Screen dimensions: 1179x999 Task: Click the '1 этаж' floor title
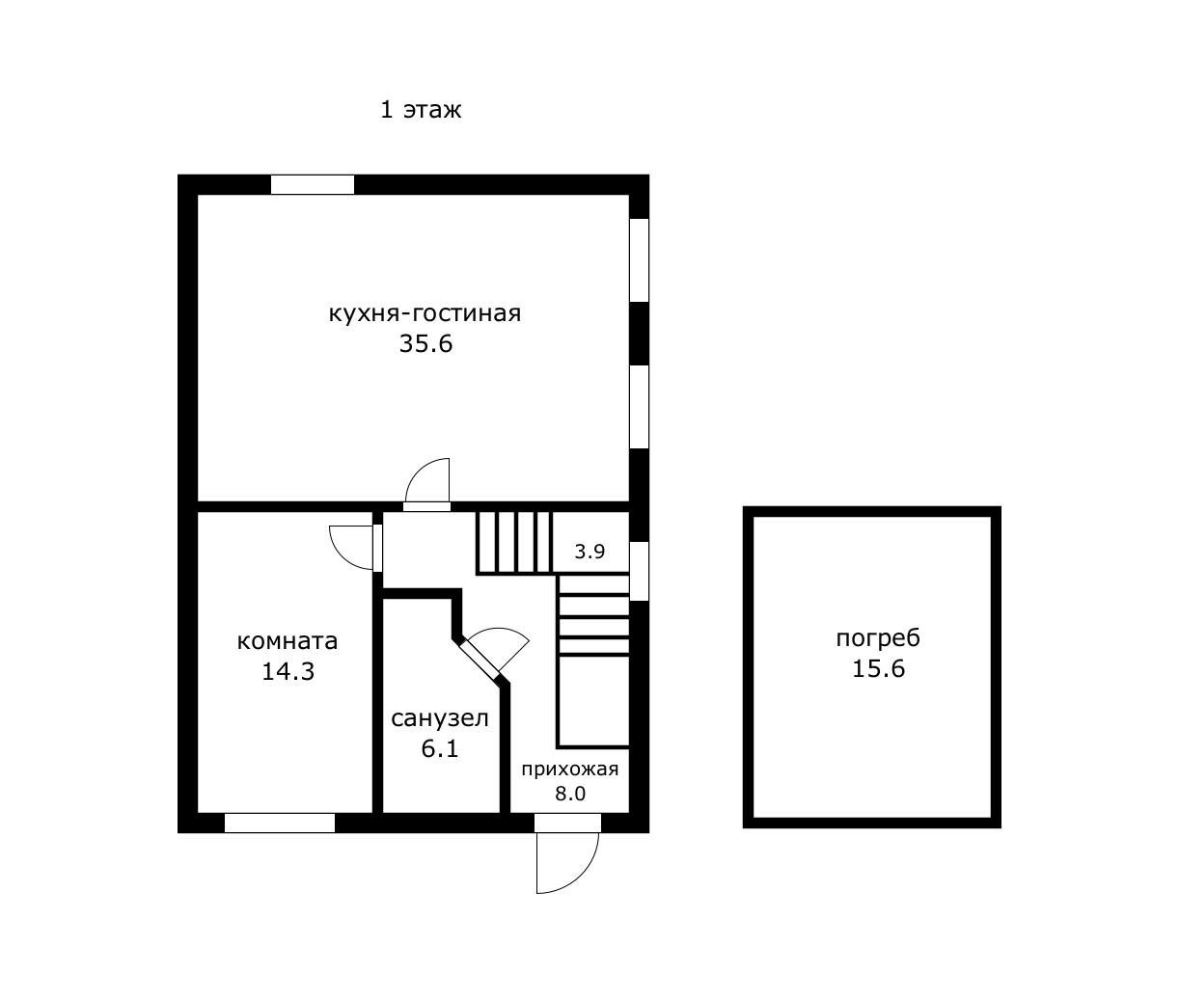click(x=421, y=110)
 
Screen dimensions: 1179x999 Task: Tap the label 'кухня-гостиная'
click(x=425, y=313)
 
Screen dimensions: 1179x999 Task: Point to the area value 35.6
click(x=425, y=344)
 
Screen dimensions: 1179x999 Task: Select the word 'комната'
click(x=288, y=642)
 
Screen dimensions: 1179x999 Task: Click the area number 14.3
click(x=288, y=672)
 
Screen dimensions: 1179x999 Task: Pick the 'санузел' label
click(x=440, y=719)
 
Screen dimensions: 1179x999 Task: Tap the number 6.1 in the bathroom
click(x=440, y=748)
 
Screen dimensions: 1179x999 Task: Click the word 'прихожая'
click(x=570, y=769)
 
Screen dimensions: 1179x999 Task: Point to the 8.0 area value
click(x=570, y=794)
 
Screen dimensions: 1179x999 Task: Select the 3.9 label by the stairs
click(x=589, y=552)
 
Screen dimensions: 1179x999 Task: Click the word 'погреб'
click(x=878, y=638)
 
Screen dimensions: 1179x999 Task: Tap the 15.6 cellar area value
click(x=878, y=668)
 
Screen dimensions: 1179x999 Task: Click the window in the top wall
click(x=312, y=185)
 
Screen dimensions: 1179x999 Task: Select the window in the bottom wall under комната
click(x=280, y=823)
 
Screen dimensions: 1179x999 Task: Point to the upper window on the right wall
click(x=639, y=260)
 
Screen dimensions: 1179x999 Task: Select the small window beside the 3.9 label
click(x=639, y=571)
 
